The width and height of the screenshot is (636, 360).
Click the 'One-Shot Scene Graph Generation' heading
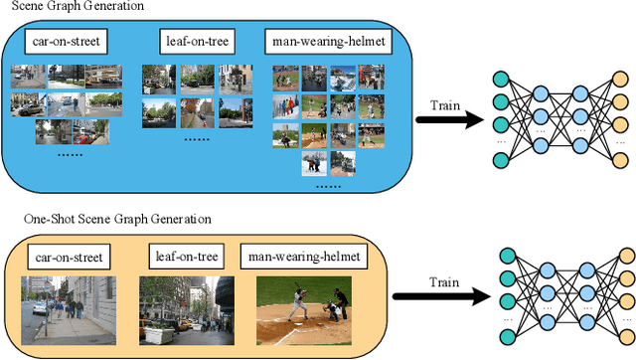(105, 219)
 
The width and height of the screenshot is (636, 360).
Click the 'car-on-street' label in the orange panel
(67, 258)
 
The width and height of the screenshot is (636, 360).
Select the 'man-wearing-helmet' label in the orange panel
(303, 258)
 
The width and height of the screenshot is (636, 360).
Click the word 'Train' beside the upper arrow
(445, 104)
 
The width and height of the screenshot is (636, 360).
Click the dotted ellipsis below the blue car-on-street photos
(70, 155)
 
